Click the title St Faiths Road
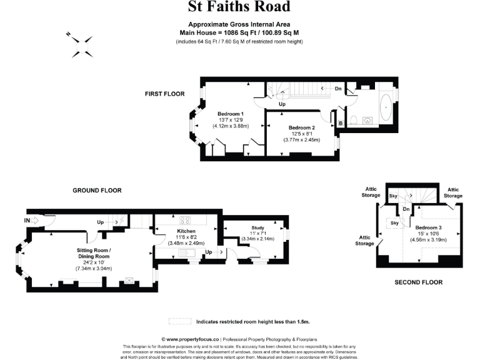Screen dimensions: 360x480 239,7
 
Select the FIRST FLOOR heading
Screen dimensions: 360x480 165,94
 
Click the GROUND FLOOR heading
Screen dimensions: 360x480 97,190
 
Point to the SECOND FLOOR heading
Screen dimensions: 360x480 418,282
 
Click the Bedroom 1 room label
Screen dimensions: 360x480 231,114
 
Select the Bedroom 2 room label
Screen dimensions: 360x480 302,127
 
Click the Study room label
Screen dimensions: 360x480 258,227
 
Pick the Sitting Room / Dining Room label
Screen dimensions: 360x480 94,253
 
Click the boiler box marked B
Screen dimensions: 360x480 340,122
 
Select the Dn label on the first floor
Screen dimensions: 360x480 338,89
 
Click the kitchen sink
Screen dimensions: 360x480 185,252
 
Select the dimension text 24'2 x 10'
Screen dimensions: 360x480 93,262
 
